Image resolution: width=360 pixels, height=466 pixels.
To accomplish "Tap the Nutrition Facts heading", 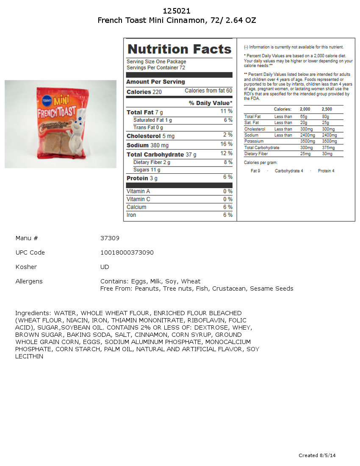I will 180,49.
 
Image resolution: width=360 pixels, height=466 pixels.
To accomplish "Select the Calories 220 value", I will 144,92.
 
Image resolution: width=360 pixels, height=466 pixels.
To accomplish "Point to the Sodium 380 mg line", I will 147,145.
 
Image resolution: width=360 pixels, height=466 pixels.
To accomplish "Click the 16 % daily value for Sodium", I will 227,144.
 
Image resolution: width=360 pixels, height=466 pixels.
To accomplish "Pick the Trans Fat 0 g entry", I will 148,128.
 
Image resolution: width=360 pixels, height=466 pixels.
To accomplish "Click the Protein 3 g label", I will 142,178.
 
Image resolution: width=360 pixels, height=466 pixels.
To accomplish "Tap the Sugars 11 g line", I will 147,170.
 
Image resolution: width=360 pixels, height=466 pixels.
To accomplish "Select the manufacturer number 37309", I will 110,238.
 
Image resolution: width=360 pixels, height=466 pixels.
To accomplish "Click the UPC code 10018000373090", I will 127,252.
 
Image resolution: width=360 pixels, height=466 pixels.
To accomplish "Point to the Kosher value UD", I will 105,267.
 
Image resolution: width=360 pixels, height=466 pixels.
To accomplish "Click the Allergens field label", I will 29,281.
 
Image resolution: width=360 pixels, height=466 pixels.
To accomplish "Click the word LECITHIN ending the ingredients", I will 29,356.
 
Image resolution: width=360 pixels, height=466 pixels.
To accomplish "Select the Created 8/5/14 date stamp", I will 317,455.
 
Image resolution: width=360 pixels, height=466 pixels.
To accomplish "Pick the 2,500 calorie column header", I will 327,109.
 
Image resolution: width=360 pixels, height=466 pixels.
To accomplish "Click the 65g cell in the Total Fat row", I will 304,116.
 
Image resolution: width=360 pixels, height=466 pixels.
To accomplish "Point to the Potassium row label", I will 254,141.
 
